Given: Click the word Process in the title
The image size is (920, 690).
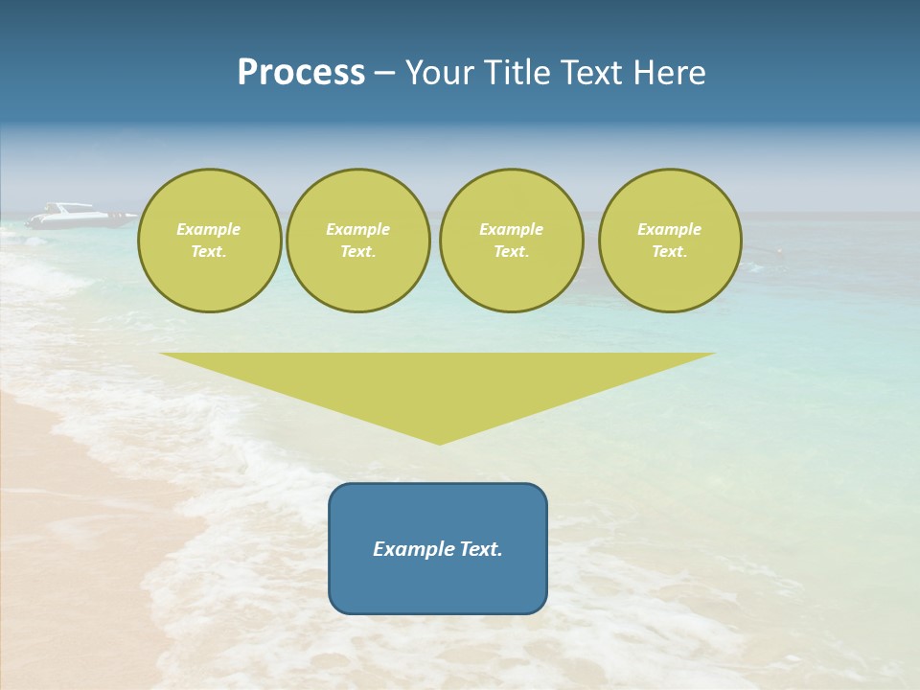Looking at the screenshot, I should (301, 73).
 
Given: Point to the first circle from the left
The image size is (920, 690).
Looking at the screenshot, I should (209, 241).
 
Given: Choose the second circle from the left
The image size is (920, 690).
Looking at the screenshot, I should (357, 241).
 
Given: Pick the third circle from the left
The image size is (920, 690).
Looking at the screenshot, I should (511, 241).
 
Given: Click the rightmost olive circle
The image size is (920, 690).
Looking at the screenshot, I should (669, 241).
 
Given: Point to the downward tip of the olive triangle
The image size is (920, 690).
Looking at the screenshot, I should (439, 443).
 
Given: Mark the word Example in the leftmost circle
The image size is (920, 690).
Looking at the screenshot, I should (209, 229).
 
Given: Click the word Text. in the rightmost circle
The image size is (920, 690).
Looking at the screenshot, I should (669, 252).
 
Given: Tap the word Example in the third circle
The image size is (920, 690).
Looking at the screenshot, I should (511, 229).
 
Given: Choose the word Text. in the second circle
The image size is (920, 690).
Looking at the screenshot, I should (357, 252).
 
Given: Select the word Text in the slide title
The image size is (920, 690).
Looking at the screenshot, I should (589, 73).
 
